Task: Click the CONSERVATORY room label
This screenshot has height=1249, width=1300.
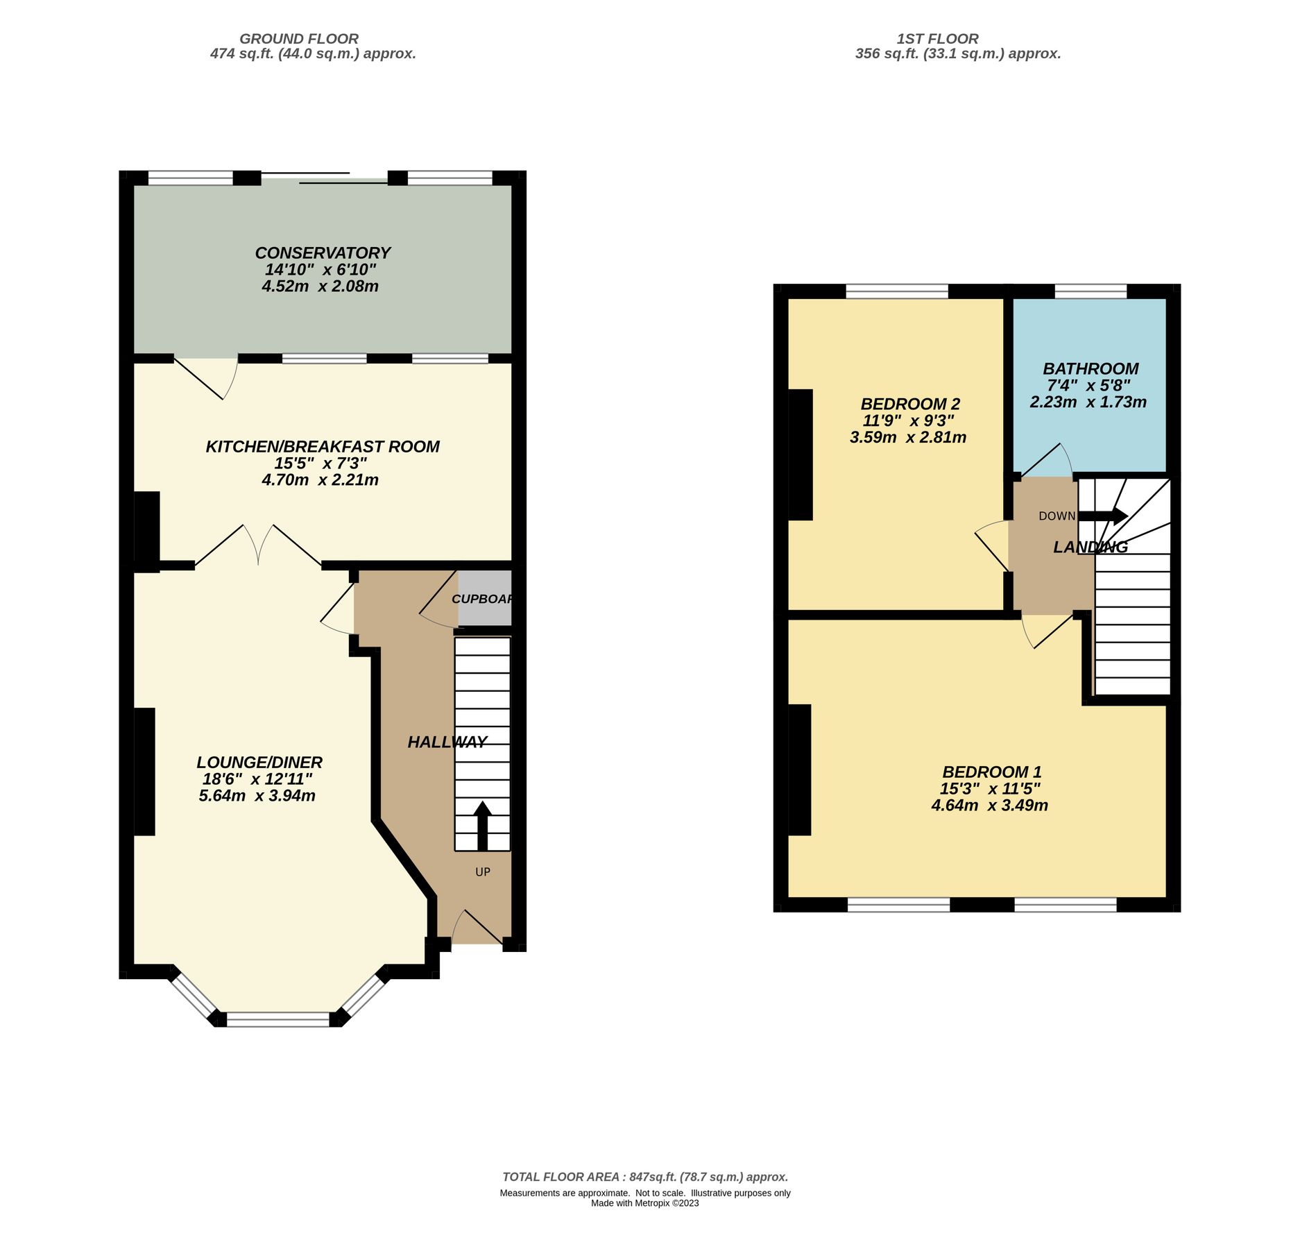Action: coord(323,253)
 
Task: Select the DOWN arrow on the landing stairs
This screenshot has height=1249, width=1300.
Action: coord(1102,516)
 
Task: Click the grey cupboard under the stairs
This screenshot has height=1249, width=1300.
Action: coord(485,598)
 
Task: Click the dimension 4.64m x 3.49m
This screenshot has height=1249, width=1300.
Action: coord(989,806)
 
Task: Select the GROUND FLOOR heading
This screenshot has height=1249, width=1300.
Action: coord(299,39)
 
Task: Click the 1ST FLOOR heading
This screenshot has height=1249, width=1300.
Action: coord(937,39)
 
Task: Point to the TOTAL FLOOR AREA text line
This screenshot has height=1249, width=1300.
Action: coord(645,1177)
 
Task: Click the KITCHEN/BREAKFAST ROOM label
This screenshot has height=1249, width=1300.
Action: coord(323,447)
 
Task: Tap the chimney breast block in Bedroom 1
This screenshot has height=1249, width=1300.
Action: coord(799,770)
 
